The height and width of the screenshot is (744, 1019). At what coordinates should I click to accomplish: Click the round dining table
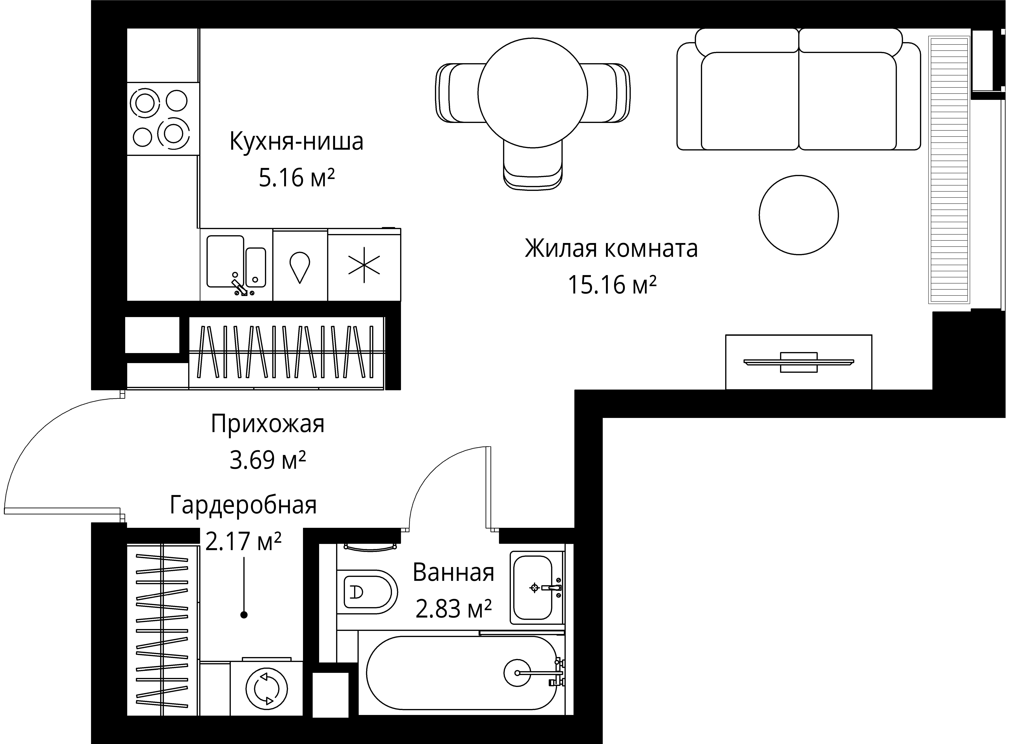(533, 93)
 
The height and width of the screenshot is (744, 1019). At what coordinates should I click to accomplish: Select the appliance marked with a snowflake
(364, 265)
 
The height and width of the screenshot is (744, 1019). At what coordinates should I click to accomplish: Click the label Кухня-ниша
(296, 141)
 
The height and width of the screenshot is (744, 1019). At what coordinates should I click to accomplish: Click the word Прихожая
(267, 424)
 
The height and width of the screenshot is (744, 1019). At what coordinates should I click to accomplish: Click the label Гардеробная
(243, 505)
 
